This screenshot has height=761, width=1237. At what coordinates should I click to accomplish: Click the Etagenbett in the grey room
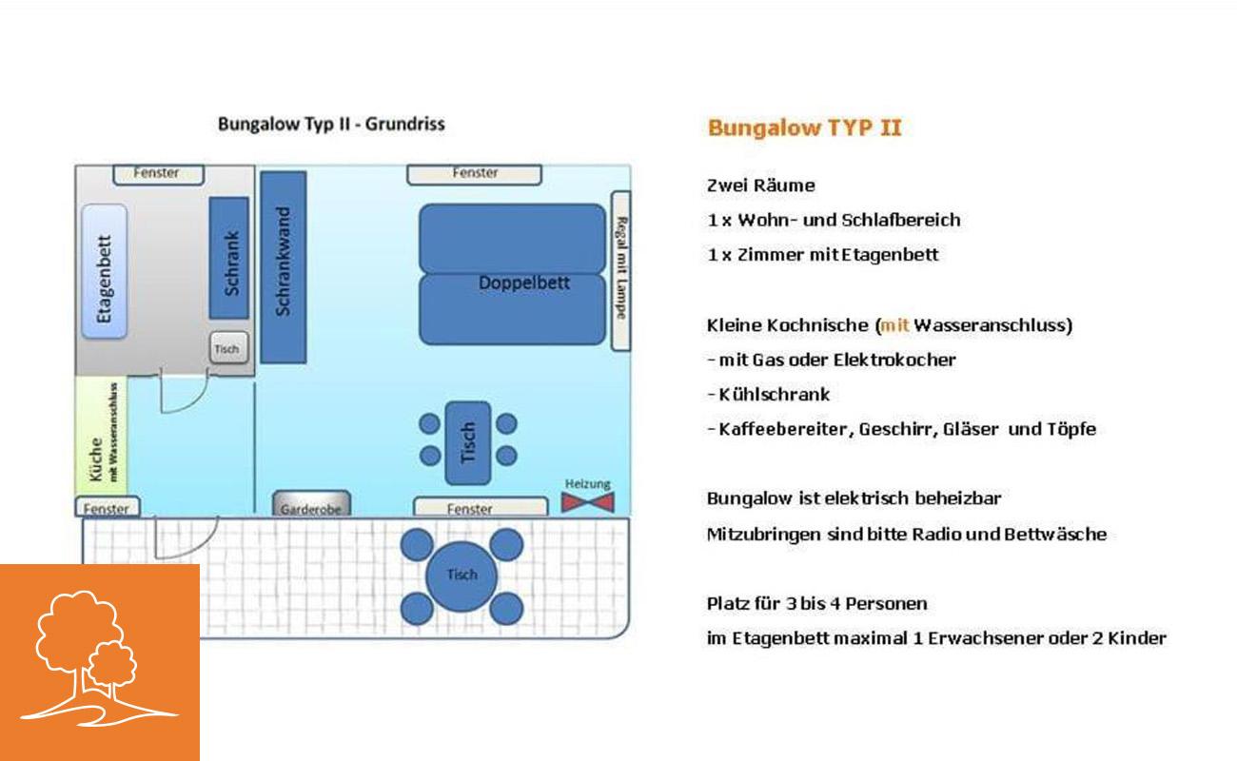(105, 271)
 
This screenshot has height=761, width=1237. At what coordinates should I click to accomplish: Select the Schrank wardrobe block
(229, 258)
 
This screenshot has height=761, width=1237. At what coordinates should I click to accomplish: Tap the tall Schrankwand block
(284, 267)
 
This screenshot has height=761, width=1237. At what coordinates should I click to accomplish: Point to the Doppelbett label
(523, 283)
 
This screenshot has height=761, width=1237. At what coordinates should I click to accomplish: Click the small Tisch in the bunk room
(229, 348)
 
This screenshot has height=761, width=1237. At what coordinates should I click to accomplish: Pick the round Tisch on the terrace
(461, 576)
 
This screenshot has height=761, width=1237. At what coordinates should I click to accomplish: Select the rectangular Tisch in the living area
(468, 443)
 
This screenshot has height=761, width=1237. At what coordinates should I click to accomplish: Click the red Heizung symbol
(588, 502)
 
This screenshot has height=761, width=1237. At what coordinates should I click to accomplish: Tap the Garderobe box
(311, 503)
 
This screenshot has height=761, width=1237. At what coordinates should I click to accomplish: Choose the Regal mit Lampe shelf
(621, 270)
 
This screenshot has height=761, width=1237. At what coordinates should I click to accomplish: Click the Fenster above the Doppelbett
(475, 174)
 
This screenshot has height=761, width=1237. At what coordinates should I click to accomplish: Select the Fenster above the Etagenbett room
(159, 174)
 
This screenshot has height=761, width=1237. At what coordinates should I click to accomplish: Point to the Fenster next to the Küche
(108, 507)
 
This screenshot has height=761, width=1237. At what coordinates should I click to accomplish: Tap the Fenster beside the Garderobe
(481, 506)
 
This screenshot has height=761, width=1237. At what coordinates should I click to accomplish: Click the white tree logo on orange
(99, 657)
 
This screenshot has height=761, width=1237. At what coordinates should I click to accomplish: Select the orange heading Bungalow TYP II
(805, 128)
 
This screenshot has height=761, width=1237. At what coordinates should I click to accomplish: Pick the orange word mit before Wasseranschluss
(894, 324)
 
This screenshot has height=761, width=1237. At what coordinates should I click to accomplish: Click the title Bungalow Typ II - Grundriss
(331, 125)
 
